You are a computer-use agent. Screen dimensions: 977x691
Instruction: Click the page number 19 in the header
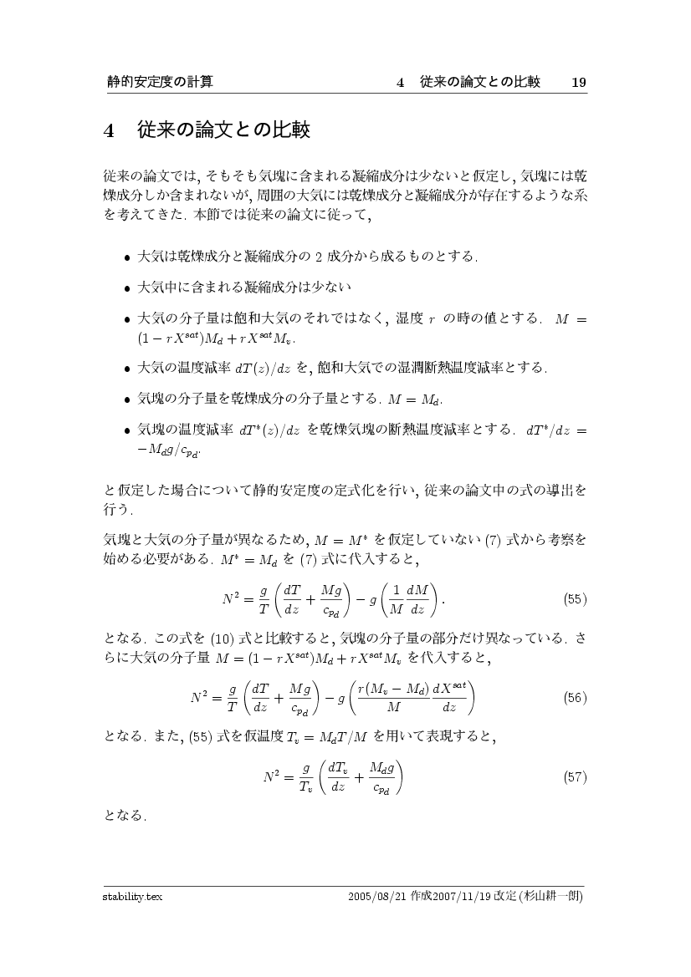[x=577, y=82]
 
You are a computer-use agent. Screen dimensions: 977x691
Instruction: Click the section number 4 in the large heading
[x=109, y=131]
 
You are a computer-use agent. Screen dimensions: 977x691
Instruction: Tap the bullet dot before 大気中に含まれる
[x=127, y=288]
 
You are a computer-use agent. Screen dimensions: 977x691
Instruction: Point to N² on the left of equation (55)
[x=233, y=600]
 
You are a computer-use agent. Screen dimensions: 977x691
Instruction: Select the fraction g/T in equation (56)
[x=232, y=698]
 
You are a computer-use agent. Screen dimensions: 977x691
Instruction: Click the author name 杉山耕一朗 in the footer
[x=550, y=897]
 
